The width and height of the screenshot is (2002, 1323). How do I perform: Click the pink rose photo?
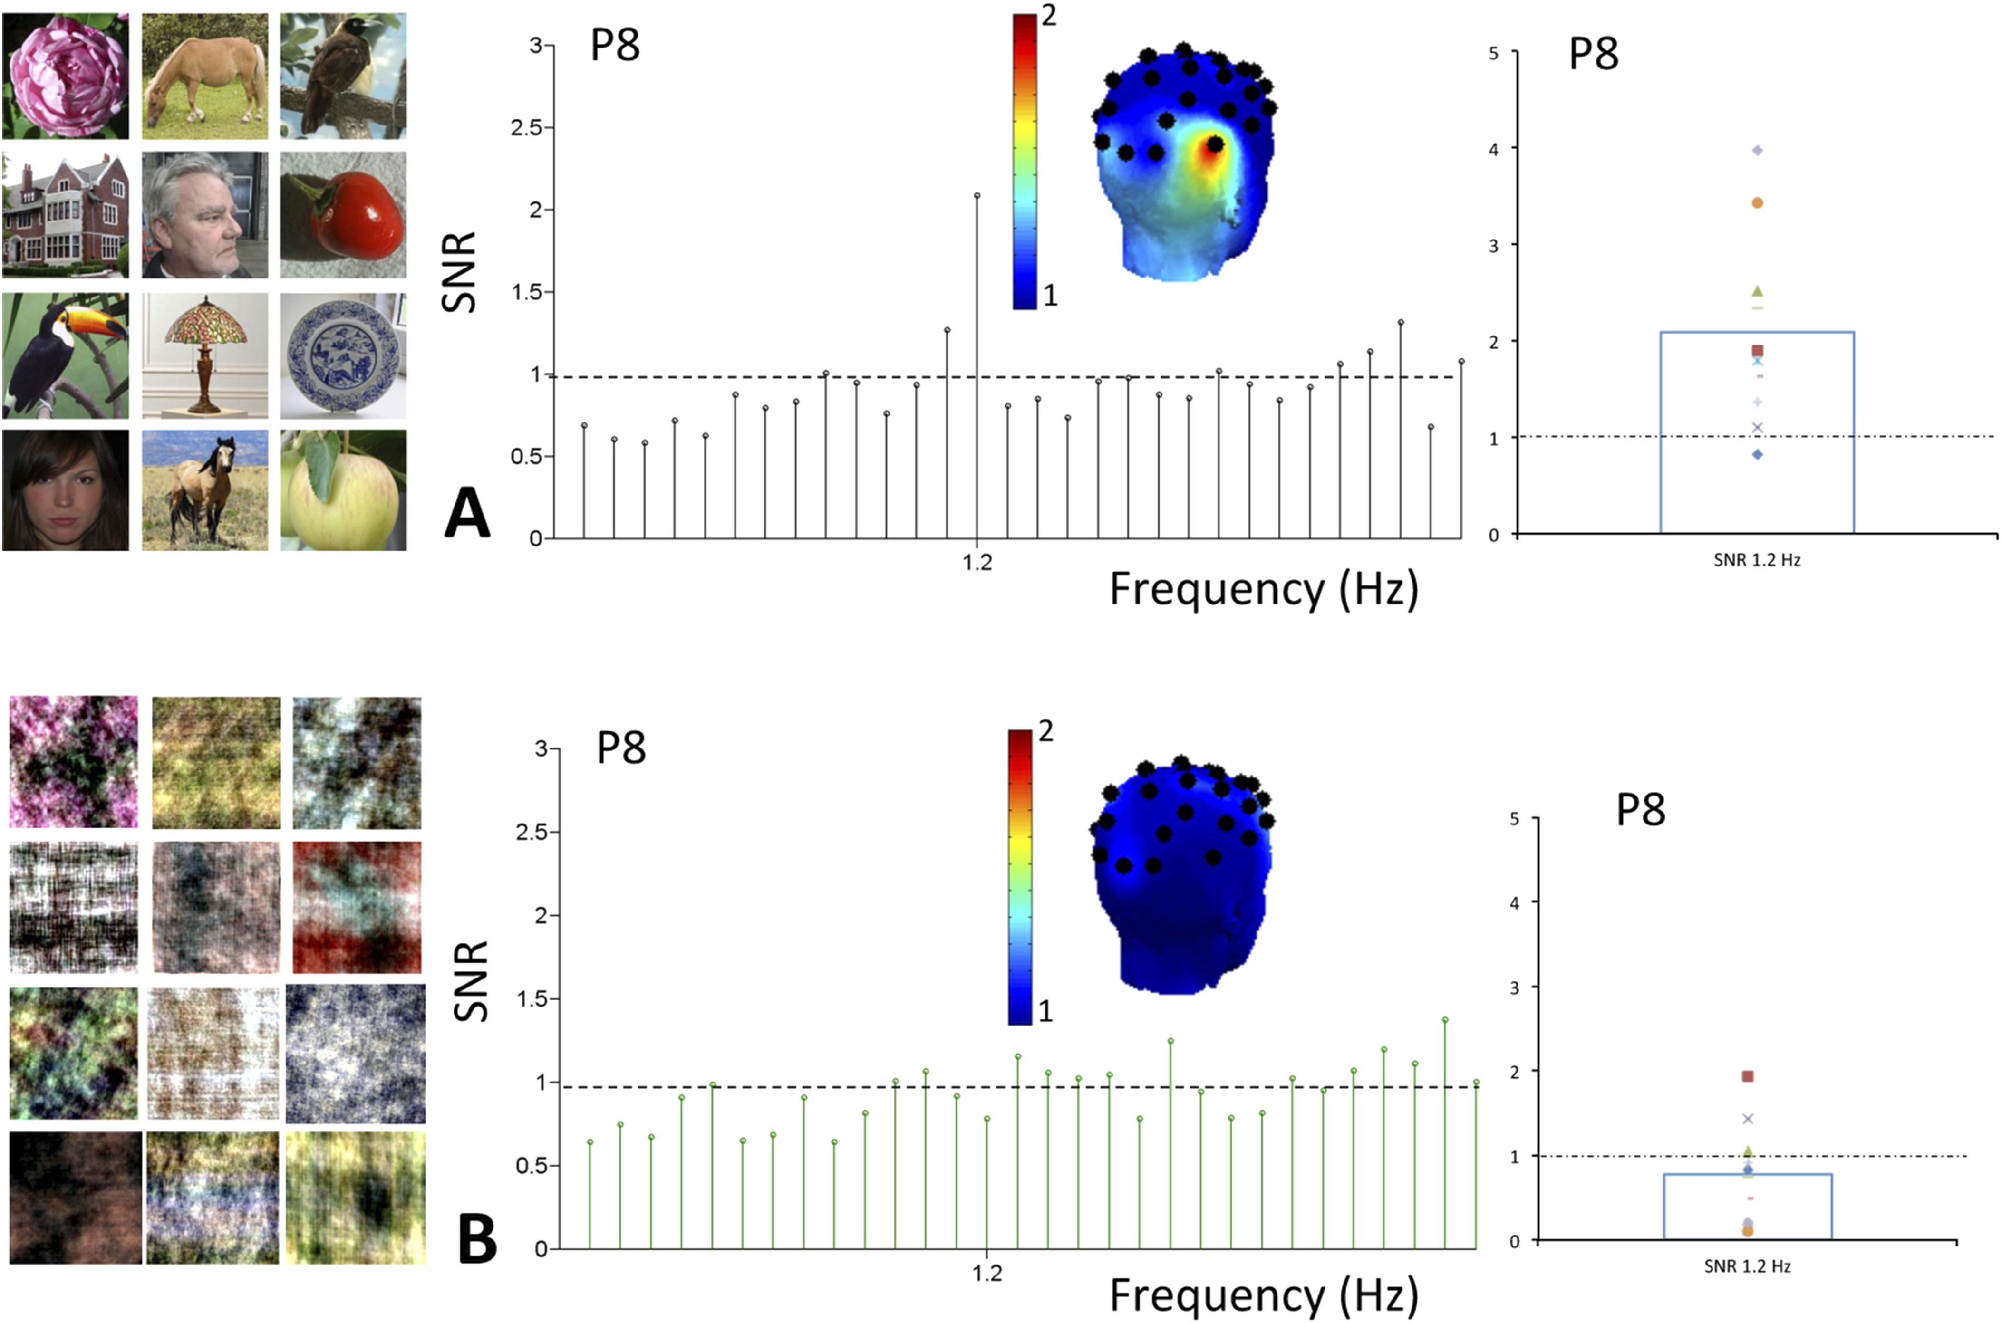(x=66, y=76)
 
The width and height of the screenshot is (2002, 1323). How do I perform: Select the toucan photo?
(x=66, y=355)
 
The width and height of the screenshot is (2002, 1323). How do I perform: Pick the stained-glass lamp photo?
(x=205, y=355)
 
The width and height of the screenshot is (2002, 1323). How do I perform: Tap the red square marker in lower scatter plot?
(x=1748, y=1076)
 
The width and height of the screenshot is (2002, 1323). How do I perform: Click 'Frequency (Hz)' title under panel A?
(x=1264, y=589)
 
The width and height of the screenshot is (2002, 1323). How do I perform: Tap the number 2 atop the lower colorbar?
(x=1046, y=731)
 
